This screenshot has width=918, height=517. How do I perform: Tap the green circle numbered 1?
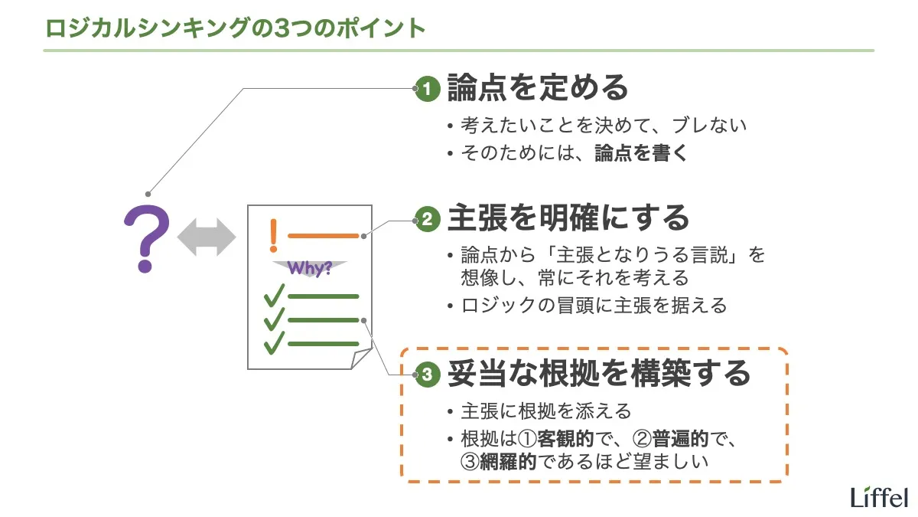pyautogui.click(x=427, y=90)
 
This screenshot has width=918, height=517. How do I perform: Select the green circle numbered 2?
pyautogui.click(x=427, y=221)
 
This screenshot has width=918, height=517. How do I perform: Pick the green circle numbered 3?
pyautogui.click(x=427, y=375)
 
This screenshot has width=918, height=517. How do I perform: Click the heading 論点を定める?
pyautogui.click(x=537, y=88)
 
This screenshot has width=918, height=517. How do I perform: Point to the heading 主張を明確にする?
pyautogui.click(x=568, y=219)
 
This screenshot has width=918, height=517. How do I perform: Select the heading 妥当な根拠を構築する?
pyautogui.click(x=598, y=374)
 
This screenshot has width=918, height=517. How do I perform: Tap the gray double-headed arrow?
pyautogui.click(x=207, y=237)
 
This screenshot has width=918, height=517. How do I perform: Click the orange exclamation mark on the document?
pyautogui.click(x=273, y=235)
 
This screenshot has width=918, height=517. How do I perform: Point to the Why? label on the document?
pyautogui.click(x=310, y=269)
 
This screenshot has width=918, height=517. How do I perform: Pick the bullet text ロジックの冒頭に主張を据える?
pyautogui.click(x=594, y=306)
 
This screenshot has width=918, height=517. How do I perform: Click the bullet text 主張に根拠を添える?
pyautogui.click(x=546, y=412)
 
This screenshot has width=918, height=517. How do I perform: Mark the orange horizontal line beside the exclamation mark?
pyautogui.click(x=323, y=236)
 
